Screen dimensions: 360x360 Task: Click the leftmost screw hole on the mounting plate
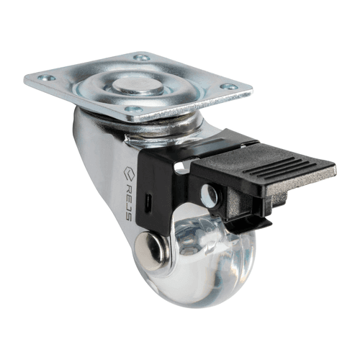pos(46,78)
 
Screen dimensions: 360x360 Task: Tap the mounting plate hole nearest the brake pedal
pos(229,86)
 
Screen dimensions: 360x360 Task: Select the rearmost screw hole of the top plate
pos(142,58)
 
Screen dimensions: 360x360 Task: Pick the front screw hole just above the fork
pos(134,109)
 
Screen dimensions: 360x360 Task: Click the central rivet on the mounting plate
pos(138,86)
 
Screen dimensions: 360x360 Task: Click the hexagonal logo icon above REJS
pos(129,174)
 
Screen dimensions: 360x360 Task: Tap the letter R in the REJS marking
pos(128,188)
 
